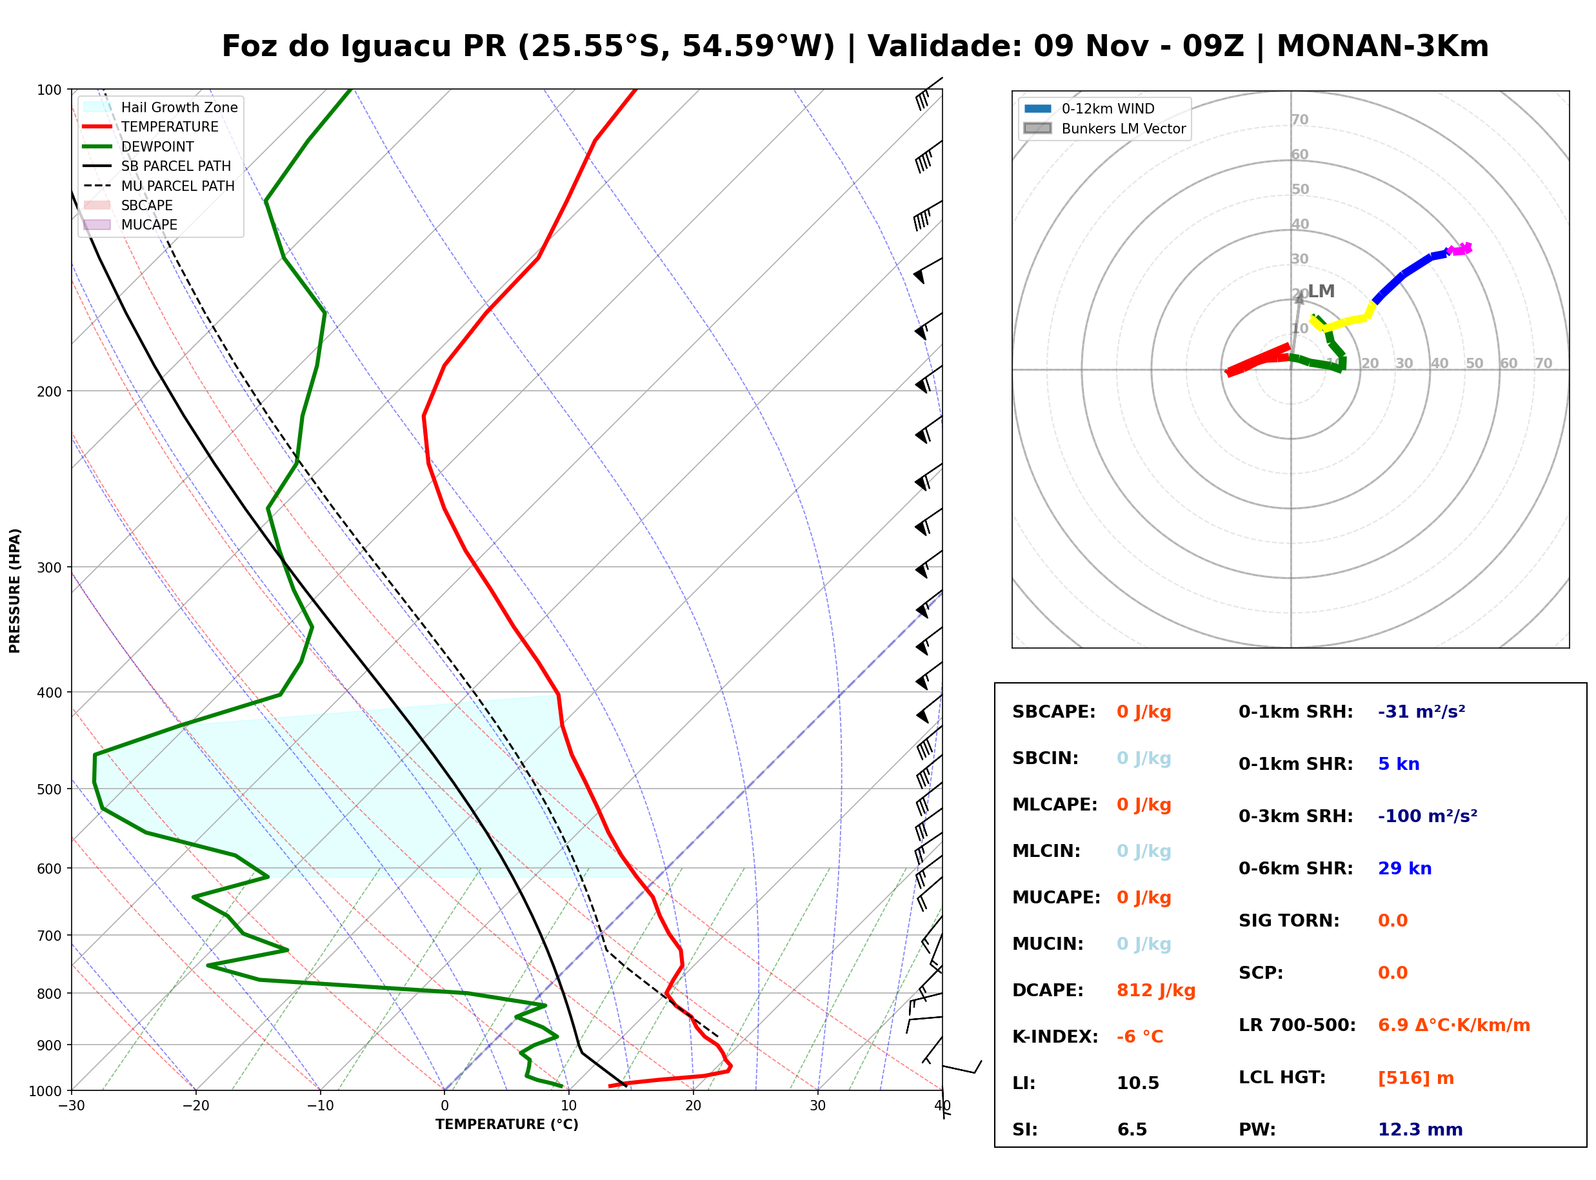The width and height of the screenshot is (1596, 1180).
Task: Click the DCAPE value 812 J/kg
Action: pos(1155,990)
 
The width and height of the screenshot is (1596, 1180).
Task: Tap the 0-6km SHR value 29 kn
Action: pos(1404,868)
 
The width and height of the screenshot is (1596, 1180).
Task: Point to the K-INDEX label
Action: pos(1055,1036)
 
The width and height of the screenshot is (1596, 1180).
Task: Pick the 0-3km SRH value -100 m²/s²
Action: pos(1428,815)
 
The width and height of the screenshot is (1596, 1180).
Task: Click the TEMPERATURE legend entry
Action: pos(151,126)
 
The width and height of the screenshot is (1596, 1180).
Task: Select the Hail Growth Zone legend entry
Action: pos(160,107)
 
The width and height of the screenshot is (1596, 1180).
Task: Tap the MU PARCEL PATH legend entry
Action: pos(159,186)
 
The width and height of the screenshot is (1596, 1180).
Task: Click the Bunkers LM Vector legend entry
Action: pos(1104,128)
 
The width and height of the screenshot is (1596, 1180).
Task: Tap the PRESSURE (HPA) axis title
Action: pos(15,590)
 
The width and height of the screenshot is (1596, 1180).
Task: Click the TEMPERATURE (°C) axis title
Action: pos(506,1125)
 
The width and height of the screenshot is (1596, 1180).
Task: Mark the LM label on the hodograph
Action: pos(1321,291)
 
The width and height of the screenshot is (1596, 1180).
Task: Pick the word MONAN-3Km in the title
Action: pos(1382,46)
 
